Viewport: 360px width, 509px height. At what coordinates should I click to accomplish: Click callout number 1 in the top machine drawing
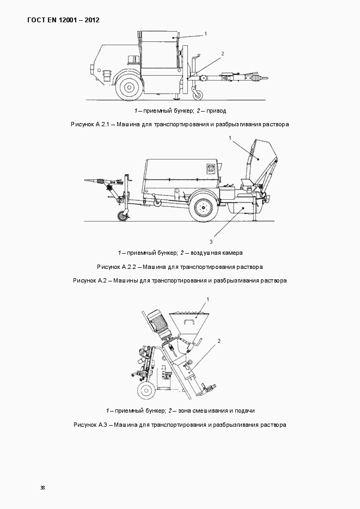205,34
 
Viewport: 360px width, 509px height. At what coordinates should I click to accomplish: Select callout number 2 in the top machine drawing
222,53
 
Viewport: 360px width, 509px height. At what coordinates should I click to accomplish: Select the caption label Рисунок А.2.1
91,124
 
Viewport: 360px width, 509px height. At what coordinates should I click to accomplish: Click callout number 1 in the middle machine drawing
231,138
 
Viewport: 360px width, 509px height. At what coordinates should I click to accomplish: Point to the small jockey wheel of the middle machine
123,216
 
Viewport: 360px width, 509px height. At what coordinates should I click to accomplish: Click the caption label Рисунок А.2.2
117,267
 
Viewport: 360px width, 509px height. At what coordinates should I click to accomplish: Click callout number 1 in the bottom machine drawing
208,299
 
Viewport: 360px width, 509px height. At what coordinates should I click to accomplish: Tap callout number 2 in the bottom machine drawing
218,341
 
